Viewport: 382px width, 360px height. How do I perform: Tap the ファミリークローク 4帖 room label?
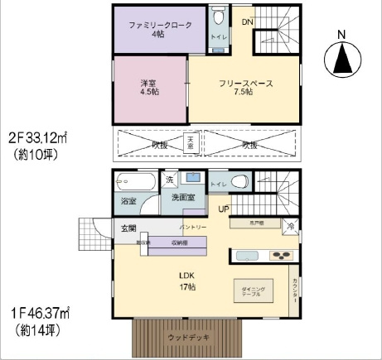click(157, 30)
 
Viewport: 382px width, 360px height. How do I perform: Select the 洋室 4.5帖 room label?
click(150, 86)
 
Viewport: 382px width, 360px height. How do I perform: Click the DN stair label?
click(248, 22)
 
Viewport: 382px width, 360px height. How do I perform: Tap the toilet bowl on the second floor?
click(219, 17)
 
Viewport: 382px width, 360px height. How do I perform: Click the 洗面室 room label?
click(182, 199)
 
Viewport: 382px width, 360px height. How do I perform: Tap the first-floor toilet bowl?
click(239, 182)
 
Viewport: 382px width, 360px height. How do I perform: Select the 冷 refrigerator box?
click(290, 225)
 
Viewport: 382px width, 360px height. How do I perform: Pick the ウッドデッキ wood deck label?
click(189, 338)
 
